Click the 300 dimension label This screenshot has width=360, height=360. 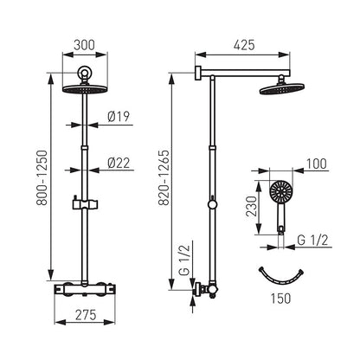pyautogui.click(x=84, y=45)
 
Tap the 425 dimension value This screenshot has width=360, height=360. pyautogui.click(x=244, y=45)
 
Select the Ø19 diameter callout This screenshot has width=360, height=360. pyautogui.click(x=119, y=116)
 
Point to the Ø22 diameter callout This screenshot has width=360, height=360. pyautogui.click(x=119, y=163)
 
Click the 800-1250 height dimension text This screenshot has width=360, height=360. pyautogui.click(x=42, y=177)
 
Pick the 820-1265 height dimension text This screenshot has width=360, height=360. pyautogui.click(x=164, y=177)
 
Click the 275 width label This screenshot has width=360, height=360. pyautogui.click(x=86, y=315)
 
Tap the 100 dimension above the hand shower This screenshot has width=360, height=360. pyautogui.click(x=317, y=164)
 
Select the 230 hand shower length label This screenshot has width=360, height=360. pyautogui.click(x=251, y=206)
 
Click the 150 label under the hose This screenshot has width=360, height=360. pyautogui.click(x=280, y=299)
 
